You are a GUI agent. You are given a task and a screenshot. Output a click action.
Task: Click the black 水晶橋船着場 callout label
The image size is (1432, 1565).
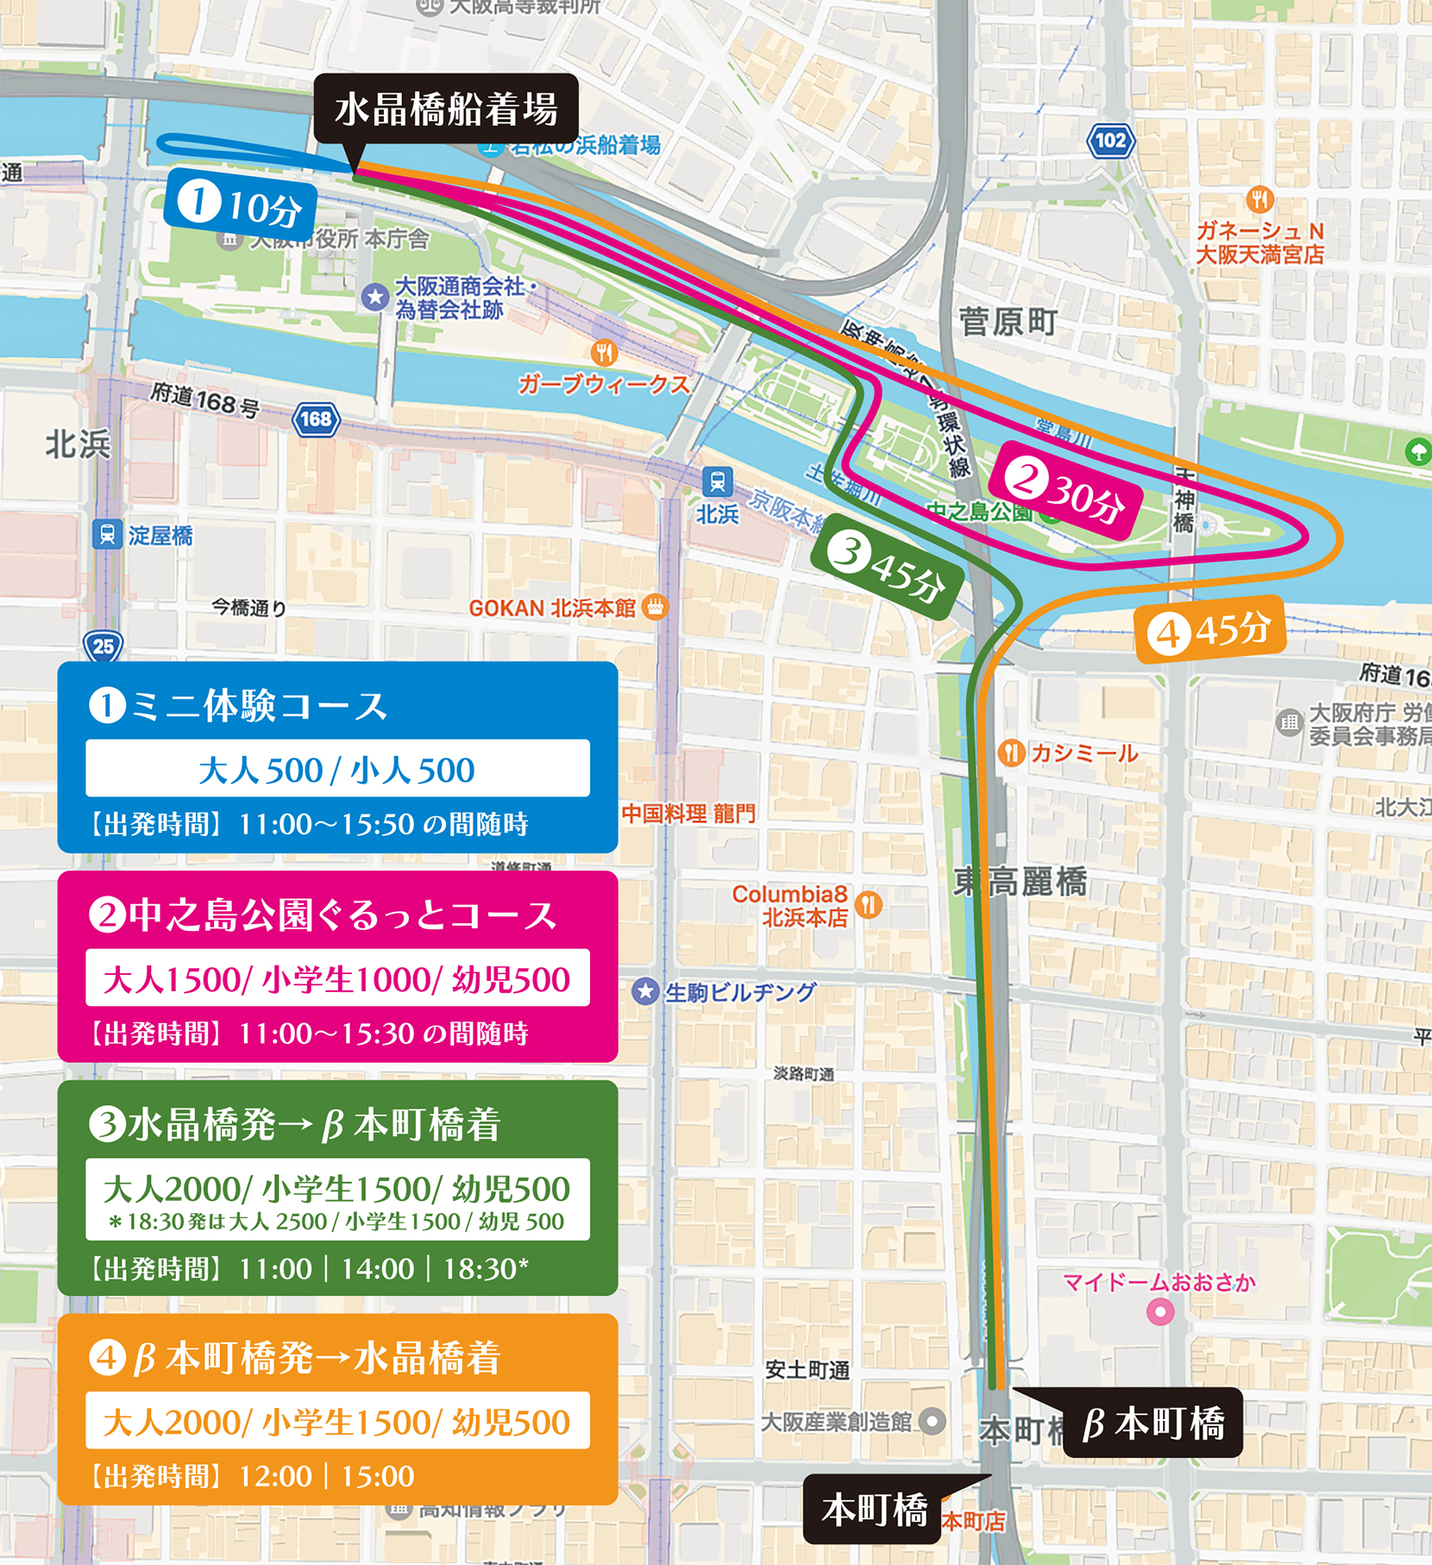coord(445,110)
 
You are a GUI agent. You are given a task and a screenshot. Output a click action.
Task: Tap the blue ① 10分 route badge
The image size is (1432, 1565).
coord(240,204)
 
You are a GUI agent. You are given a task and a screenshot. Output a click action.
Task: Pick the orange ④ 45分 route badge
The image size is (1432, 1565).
coord(1211,630)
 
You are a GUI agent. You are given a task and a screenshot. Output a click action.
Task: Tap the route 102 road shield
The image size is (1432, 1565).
coord(1109,141)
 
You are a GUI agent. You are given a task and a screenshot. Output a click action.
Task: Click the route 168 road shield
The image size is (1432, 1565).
coord(317,419)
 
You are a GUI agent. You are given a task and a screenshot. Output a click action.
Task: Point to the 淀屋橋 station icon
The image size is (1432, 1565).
coord(107,535)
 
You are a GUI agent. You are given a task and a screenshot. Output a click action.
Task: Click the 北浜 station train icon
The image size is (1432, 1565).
coord(717,481)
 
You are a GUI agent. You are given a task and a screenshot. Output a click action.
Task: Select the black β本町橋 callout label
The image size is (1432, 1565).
coord(1153,1424)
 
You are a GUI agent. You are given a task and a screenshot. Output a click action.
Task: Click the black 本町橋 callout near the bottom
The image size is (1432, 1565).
coord(872,1510)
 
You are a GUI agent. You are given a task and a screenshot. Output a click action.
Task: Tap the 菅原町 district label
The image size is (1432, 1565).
coord(1008,323)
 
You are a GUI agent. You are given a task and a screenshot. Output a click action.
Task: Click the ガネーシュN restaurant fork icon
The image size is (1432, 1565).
coord(1260,199)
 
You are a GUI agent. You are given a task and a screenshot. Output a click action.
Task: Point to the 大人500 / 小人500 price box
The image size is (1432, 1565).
coord(337,769)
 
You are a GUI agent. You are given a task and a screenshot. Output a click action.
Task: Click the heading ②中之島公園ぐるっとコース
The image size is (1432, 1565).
coord(324,915)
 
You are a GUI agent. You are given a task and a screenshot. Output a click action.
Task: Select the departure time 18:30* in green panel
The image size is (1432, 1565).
coord(485,1269)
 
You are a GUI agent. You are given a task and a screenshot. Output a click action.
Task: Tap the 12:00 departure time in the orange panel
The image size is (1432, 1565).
coord(275,1476)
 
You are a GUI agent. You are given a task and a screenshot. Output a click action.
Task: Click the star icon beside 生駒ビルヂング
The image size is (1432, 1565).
coord(645,991)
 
